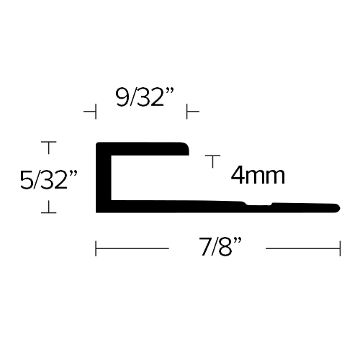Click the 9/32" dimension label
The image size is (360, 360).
pos(145,97)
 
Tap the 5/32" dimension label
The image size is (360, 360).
pos(49,179)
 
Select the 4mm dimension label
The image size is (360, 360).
pos(258,175)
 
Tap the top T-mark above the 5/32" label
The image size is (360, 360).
pos(49,148)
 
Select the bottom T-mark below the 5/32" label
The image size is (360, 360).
pos(49,207)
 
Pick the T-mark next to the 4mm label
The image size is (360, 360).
pos(212,161)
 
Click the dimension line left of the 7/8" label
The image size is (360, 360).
pos(132,248)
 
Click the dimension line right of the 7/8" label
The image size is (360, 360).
pos(303,248)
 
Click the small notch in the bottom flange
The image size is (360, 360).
pos(259,204)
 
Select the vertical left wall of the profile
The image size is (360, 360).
pos(104,178)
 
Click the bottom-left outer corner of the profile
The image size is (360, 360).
pos(96,212)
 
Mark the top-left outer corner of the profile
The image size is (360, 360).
pos(96,143)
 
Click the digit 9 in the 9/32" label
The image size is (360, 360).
pos(122,97)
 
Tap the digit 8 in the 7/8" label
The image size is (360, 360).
pos(225,246)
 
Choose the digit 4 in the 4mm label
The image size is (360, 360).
pos(238,175)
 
